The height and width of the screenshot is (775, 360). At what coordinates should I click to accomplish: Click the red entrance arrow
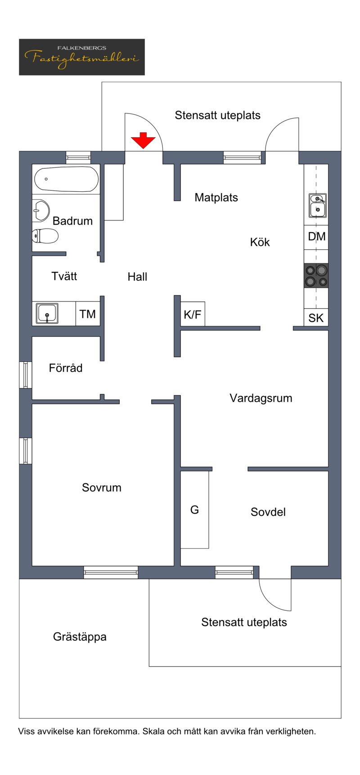click(143, 140)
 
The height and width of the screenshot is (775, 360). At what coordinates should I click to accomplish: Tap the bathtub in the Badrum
click(66, 179)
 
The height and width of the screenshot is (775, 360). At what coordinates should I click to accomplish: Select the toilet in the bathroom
click(45, 236)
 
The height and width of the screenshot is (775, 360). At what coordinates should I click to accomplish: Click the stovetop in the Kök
click(316, 276)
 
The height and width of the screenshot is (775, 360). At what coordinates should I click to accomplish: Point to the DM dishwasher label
click(317, 236)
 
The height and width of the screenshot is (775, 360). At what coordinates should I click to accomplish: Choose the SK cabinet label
click(316, 318)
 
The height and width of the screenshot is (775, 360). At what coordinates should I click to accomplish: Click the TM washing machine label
click(88, 314)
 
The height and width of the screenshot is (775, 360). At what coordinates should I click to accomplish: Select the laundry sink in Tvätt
click(47, 313)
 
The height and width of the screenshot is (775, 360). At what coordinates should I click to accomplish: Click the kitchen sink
click(318, 206)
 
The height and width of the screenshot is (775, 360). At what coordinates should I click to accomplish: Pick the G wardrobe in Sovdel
click(194, 509)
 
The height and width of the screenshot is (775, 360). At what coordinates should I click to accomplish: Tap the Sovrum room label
click(102, 487)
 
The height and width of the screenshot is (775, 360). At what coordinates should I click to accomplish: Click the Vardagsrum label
click(261, 398)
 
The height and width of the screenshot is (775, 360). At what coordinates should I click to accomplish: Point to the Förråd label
click(66, 368)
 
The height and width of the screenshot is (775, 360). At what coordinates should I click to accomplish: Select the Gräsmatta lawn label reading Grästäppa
click(80, 637)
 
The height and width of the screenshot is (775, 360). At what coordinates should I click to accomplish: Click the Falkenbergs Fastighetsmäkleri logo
click(82, 57)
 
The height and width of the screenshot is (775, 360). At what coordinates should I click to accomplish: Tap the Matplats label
click(216, 197)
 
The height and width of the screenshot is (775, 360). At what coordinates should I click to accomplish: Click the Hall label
click(137, 277)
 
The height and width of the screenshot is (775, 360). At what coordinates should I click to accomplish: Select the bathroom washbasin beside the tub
click(41, 210)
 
